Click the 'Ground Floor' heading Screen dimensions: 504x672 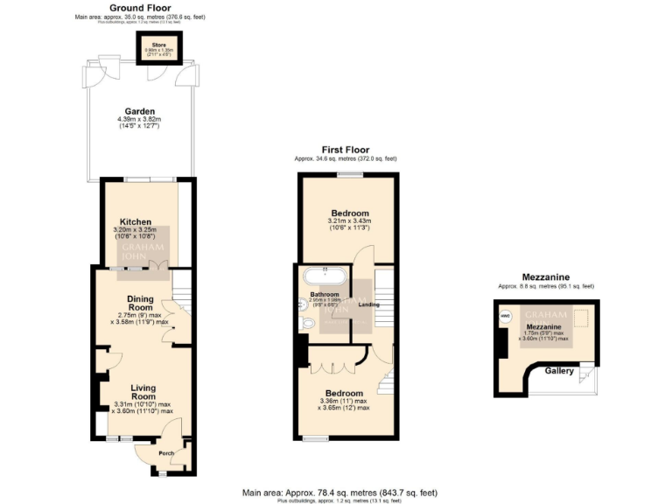pyautogui.click(x=140, y=7)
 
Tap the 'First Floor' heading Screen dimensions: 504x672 pyautogui.click(x=345, y=150)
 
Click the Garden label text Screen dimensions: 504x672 pyautogui.click(x=140, y=111)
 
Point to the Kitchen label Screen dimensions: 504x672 pyautogui.click(x=136, y=222)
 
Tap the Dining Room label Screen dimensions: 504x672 pyautogui.click(x=140, y=303)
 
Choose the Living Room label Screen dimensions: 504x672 pyautogui.click(x=143, y=392)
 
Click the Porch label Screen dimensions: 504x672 pyautogui.click(x=165, y=453)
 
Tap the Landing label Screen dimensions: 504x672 pyautogui.click(x=368, y=304)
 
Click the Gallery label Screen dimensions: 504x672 pyautogui.click(x=559, y=372)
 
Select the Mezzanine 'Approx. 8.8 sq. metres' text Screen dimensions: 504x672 pyautogui.click(x=546, y=286)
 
